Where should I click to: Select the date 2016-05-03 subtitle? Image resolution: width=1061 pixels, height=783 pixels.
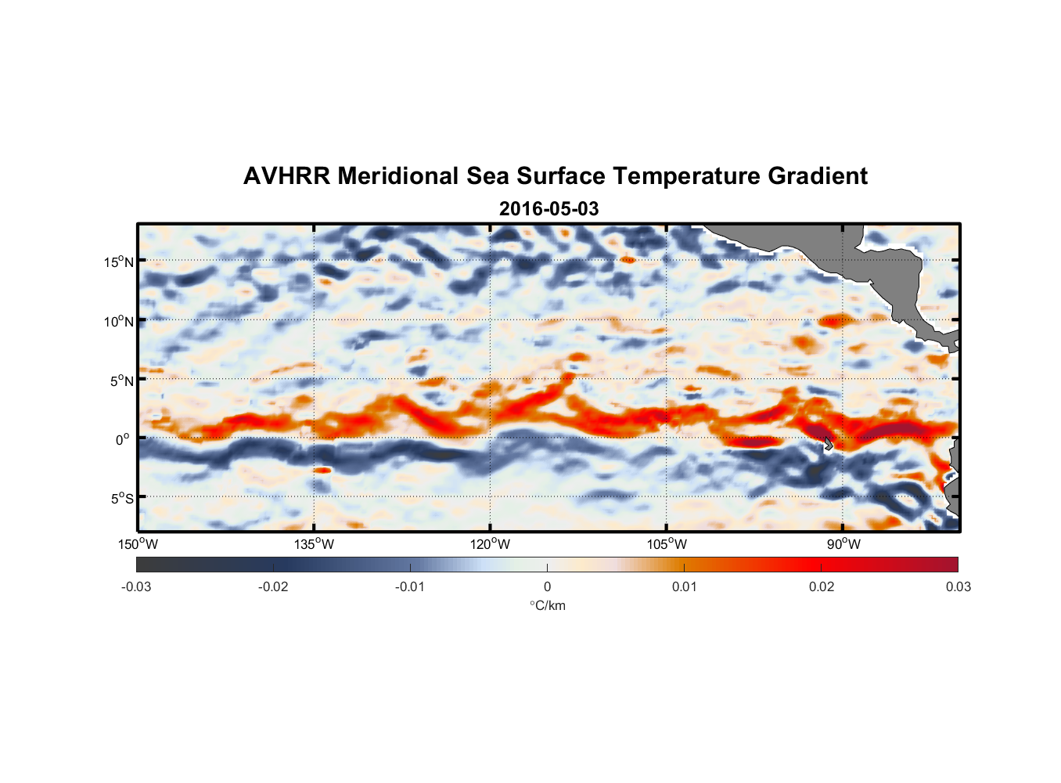(548, 209)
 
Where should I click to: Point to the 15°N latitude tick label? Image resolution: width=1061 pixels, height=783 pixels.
(119, 262)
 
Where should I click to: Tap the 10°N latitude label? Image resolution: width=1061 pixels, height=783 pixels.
(119, 321)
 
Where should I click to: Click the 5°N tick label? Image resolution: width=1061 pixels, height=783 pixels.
(121, 381)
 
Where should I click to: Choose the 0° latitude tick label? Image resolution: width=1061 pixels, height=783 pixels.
(123, 439)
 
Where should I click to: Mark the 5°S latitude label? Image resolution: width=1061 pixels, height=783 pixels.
(121, 499)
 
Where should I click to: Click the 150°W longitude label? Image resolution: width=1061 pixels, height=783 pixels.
(138, 545)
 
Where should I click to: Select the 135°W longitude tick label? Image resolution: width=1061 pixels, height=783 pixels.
(314, 545)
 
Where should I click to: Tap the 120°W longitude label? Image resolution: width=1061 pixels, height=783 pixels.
(490, 545)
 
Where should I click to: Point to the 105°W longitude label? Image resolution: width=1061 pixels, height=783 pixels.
(667, 545)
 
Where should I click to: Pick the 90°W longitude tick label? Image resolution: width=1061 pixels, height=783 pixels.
(843, 545)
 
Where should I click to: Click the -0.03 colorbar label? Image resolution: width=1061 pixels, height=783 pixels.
(136, 587)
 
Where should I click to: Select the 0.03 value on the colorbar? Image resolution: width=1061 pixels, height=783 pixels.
(958, 587)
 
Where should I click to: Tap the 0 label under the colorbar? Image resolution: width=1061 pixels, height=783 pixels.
(547, 587)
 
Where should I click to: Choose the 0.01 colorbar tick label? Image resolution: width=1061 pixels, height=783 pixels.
(684, 587)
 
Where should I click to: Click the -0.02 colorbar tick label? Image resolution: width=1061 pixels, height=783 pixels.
(273, 587)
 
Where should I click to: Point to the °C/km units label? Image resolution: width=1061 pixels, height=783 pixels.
(547, 605)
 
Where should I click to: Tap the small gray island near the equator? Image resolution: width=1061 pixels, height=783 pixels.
(828, 444)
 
